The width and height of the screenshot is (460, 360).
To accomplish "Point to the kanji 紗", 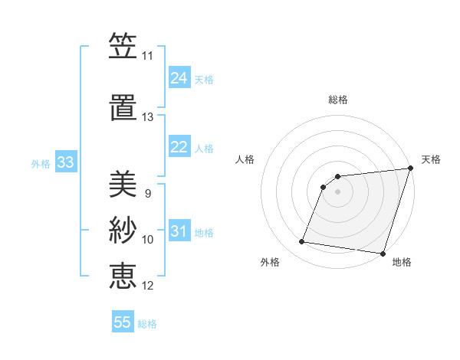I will [x=123, y=229].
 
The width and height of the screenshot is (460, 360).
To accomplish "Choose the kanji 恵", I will [x=123, y=275].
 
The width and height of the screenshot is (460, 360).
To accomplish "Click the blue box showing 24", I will [x=179, y=78].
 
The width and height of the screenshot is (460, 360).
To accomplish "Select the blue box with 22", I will [x=179, y=147].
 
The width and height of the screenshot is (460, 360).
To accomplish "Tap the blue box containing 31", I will [x=179, y=231].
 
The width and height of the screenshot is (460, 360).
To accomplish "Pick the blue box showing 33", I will [x=65, y=162].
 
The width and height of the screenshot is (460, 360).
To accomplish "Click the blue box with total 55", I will [x=123, y=322].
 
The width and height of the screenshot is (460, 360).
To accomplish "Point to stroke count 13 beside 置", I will [x=147, y=117].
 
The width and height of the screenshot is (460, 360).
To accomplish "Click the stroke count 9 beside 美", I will [x=147, y=194].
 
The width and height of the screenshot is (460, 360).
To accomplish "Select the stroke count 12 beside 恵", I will [x=147, y=286].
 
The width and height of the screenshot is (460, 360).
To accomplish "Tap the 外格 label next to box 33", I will [x=41, y=163].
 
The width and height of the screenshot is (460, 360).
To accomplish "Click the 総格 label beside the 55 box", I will [x=147, y=323].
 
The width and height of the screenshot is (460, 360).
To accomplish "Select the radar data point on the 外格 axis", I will [x=302, y=242].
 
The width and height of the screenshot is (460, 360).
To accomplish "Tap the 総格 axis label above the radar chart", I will [x=337, y=100].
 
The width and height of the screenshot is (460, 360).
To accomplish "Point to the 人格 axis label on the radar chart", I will [x=245, y=159].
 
